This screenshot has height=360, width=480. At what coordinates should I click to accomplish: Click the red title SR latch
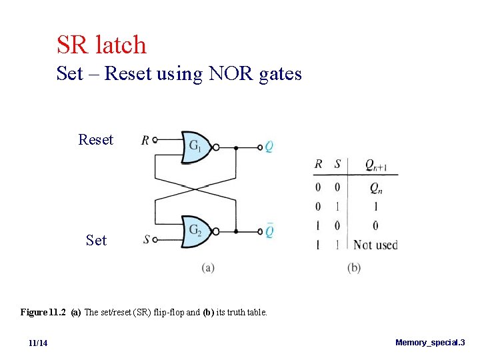point(101,45)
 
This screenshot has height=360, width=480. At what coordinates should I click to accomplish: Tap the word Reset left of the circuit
point(95,140)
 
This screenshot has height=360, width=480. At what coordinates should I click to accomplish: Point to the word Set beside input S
point(96,240)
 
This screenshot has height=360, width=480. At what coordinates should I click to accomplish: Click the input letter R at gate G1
point(145,140)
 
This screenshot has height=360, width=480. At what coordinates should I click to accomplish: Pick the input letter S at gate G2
point(145,239)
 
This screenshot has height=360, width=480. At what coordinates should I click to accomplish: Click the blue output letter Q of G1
point(269,147)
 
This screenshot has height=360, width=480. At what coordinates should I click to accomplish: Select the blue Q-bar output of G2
point(269,231)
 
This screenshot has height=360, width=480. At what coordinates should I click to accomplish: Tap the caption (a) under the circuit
point(207,268)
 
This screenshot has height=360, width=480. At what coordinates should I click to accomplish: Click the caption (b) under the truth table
point(354,268)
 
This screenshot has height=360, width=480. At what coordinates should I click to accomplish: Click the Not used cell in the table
point(375,245)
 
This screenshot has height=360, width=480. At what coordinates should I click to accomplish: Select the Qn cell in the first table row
point(376,189)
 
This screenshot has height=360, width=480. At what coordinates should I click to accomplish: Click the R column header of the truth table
point(319,164)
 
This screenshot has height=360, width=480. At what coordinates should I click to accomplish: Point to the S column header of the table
point(337,164)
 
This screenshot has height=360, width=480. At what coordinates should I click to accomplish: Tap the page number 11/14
point(38,343)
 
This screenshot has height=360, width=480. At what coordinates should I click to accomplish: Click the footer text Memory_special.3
point(430,343)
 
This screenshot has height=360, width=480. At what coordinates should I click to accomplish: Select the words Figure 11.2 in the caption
point(43,312)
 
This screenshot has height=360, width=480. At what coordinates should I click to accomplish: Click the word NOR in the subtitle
point(228,73)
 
